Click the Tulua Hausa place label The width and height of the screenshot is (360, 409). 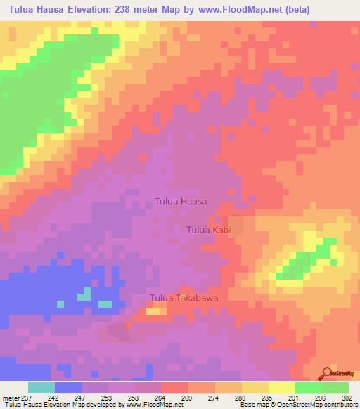point(180,202)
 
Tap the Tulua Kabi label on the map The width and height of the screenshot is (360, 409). point(209,230)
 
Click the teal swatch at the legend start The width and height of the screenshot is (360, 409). point(41,387)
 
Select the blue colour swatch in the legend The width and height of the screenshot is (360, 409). point(68,387)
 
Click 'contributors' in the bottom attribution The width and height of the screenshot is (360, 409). point(339,405)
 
